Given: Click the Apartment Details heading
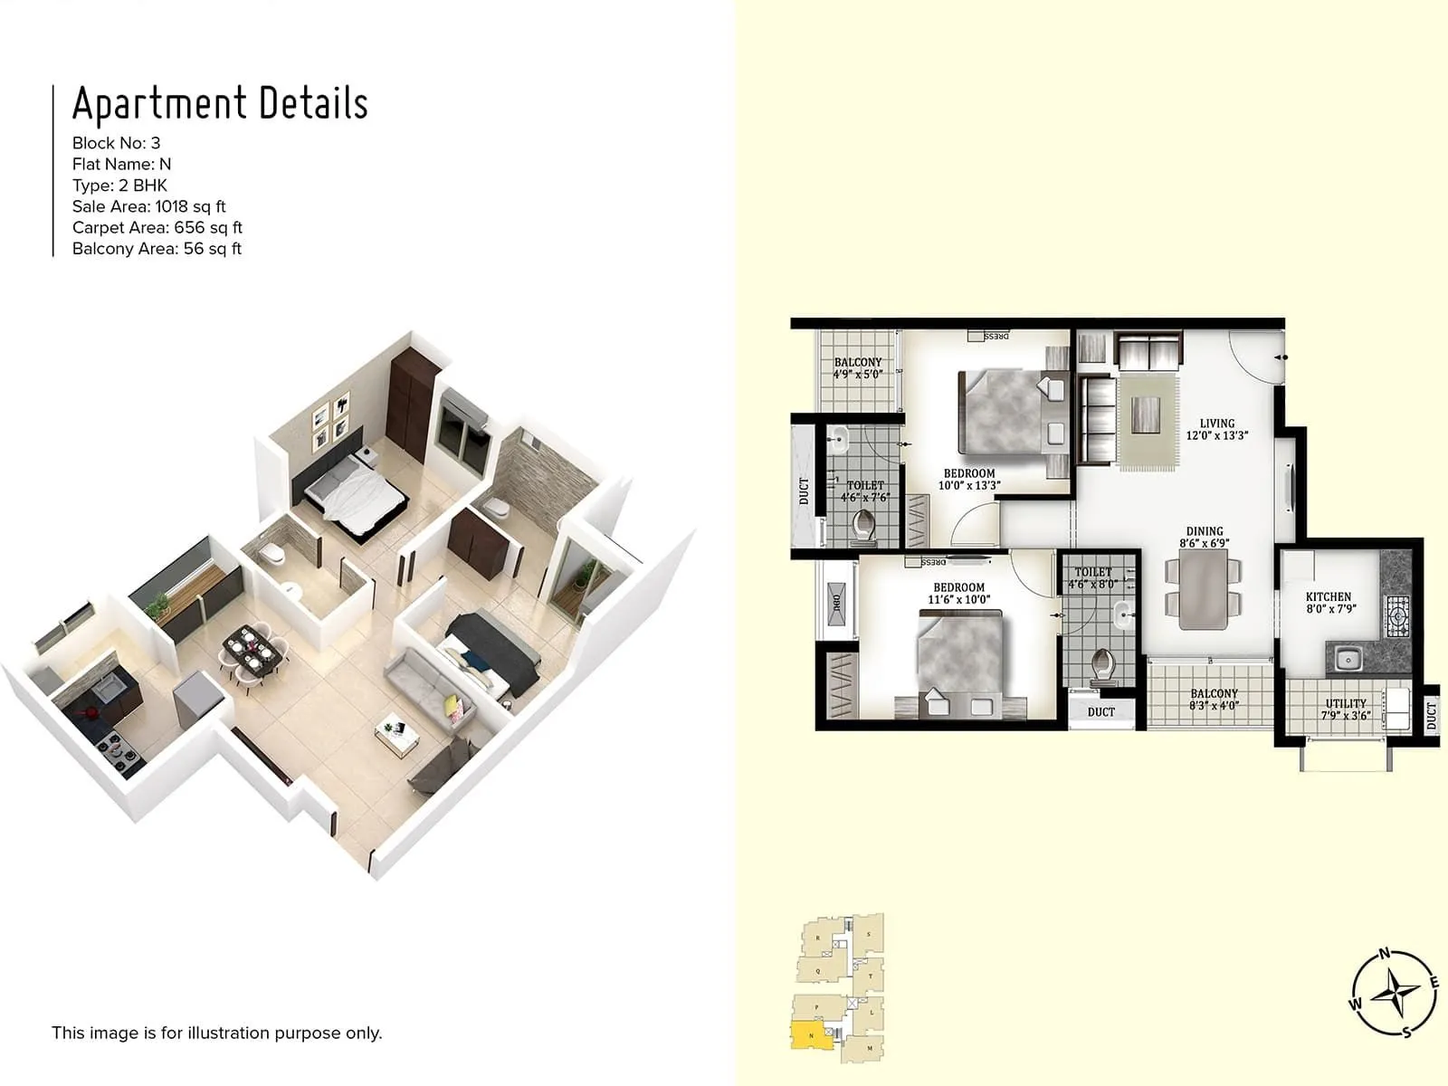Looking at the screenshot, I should [x=220, y=104].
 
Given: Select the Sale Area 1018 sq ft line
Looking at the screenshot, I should [x=149, y=206].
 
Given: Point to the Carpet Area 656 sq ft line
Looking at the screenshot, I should [x=157, y=227].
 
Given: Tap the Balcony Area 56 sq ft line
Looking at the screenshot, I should [x=157, y=248].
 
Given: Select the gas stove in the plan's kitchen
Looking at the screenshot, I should [x=1396, y=617].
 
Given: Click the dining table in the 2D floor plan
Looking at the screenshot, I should [x=1204, y=589].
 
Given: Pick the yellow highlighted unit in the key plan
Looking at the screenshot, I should [x=811, y=1034].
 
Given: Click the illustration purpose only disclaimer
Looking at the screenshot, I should [x=217, y=1033].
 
